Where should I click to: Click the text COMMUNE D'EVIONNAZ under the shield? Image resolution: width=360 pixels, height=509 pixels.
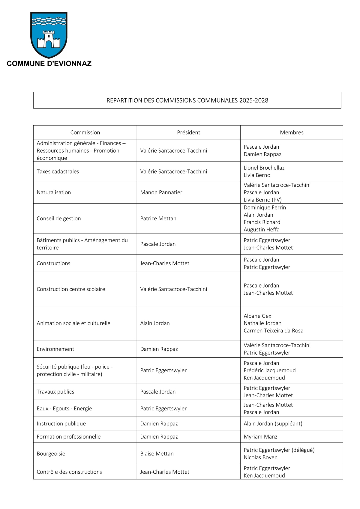pos(49,64)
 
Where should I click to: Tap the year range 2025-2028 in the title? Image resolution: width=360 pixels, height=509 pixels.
pos(253,100)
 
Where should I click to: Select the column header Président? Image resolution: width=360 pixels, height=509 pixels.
pos(188,132)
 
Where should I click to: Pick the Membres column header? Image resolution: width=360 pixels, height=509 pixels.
pos(292,132)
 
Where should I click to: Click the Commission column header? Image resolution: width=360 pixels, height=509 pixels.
pos(85,132)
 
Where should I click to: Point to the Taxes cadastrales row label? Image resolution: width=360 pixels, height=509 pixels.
pos(58,171)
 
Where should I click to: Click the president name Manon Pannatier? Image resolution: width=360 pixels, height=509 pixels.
pos(161,192)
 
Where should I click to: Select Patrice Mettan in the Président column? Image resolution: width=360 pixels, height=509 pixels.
pos(158,219)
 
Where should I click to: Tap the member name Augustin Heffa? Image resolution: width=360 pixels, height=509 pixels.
pos(261,230)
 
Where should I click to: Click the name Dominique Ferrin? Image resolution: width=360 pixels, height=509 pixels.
pos(265,207)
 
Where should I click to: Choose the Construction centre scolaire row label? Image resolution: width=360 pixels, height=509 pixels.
pos(71,289)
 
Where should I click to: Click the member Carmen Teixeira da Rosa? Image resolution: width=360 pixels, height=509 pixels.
pos(273,331)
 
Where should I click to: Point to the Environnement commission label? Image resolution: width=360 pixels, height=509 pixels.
pos(55,349)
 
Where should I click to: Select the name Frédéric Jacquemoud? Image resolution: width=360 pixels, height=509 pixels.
pos(269,371)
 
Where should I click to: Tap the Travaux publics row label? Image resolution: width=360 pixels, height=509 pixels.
pos(55,392)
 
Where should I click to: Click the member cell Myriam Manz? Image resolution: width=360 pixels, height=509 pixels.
pos(260,437)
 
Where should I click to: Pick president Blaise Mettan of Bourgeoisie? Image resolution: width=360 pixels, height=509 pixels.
pos(157,454)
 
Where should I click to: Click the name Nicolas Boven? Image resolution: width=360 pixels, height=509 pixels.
pos(260,457)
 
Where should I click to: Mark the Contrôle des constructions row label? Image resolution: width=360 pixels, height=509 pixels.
pos(69,472)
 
